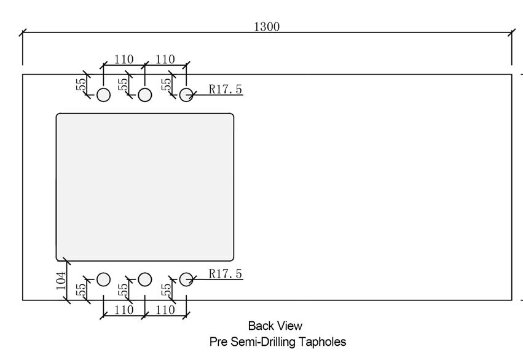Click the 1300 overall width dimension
267,26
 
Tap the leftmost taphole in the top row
103,95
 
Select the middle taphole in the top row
145,95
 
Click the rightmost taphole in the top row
186,95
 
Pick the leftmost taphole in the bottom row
103,280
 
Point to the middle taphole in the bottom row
145,280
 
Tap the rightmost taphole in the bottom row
186,280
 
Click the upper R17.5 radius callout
225,89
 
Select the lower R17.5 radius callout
225,273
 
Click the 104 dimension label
61,281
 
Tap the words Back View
275,326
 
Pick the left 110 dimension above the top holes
124,60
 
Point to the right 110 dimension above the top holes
165,60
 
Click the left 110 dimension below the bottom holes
124,310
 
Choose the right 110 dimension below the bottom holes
165,310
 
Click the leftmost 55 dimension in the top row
81,84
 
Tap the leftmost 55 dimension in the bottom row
81,289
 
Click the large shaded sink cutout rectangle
145,187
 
